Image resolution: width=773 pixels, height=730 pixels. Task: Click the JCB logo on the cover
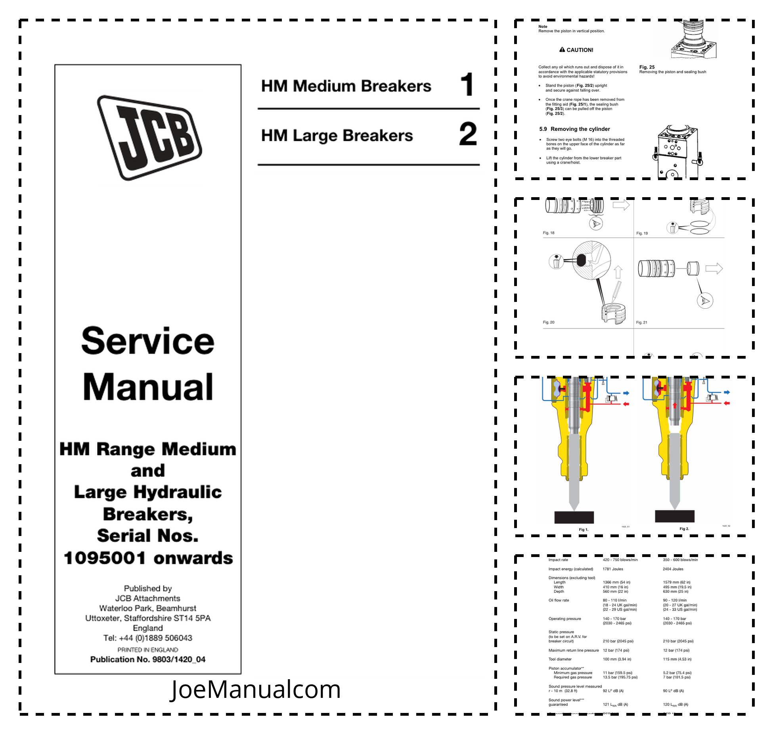click(x=149, y=137)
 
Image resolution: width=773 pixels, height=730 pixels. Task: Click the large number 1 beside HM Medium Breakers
click(x=467, y=84)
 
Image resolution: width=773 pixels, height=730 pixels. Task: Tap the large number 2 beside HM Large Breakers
click(x=468, y=134)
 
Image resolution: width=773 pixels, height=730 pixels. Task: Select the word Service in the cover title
click(x=148, y=341)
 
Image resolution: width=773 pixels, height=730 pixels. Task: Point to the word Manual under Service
click(x=148, y=387)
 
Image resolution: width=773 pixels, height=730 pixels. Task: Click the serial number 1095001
click(x=105, y=558)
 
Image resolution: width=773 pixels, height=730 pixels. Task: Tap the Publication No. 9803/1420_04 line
click(x=148, y=659)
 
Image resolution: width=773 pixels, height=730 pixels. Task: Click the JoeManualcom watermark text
click(x=255, y=689)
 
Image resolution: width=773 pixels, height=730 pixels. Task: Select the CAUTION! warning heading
click(x=576, y=50)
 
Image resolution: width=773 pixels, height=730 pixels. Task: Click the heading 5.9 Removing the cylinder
click(x=574, y=129)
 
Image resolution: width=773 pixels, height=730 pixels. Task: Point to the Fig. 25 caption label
click(x=647, y=67)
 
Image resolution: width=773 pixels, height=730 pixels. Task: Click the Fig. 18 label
click(x=549, y=233)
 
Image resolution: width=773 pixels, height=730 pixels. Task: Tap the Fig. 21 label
click(x=642, y=323)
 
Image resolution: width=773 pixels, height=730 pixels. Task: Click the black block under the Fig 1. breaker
click(x=574, y=517)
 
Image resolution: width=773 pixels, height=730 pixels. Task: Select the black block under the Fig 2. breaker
click(x=675, y=516)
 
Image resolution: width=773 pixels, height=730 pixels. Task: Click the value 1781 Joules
click(x=613, y=569)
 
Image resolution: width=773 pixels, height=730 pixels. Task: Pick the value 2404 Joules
click(x=673, y=569)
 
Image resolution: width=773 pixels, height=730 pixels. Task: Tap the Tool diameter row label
click(x=560, y=659)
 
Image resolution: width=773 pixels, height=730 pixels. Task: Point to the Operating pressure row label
click(x=565, y=619)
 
